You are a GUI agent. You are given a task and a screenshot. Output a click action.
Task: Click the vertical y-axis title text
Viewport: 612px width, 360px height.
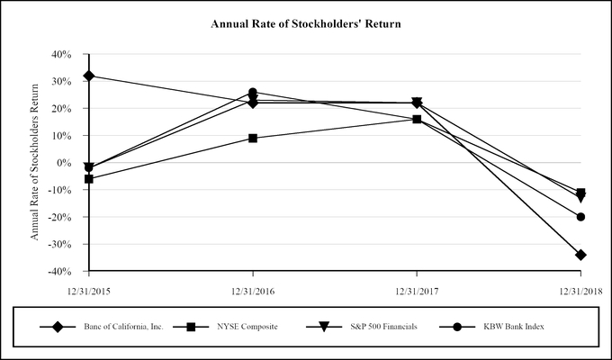[36, 162]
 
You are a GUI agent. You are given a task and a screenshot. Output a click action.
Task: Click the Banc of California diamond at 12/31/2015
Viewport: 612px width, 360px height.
[88, 76]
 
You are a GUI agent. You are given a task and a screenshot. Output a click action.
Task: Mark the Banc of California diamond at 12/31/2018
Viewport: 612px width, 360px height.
[580, 255]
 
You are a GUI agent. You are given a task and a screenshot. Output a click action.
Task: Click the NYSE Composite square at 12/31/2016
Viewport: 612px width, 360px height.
[253, 138]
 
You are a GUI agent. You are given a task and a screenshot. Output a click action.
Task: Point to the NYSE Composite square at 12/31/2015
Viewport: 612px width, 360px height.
[88, 179]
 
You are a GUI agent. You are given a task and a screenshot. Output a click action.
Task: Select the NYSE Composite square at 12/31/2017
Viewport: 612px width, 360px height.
[417, 119]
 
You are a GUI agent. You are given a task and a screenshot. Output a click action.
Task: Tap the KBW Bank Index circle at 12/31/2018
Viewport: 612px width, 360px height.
[580, 217]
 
